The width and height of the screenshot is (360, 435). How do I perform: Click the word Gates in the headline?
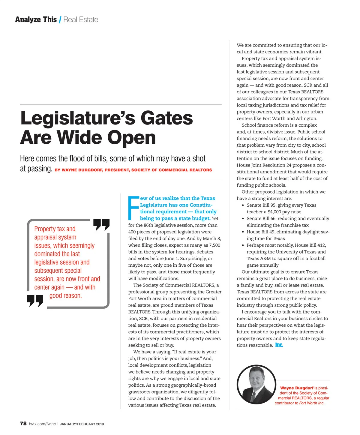tap(166, 118)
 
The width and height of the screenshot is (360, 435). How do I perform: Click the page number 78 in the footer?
tap(23, 423)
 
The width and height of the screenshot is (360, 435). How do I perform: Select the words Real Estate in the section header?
tap(81, 20)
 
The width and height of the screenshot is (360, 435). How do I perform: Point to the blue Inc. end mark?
tap(279, 345)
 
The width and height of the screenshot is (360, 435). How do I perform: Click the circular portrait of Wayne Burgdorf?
tap(256, 384)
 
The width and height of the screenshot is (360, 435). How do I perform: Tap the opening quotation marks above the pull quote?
tap(101, 224)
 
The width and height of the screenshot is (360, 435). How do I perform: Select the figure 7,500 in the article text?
tap(214, 245)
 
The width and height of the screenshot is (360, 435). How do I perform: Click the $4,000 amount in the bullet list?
tap(274, 212)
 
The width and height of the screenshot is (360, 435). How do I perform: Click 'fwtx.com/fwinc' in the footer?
tap(42, 424)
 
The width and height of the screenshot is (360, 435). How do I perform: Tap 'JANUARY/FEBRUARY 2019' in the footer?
tap(82, 424)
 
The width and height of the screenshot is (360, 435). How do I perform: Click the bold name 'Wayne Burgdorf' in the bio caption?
tap(297, 388)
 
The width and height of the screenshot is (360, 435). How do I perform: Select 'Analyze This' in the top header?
tap(36, 20)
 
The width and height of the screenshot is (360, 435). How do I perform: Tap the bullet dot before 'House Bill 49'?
tap(243, 232)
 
